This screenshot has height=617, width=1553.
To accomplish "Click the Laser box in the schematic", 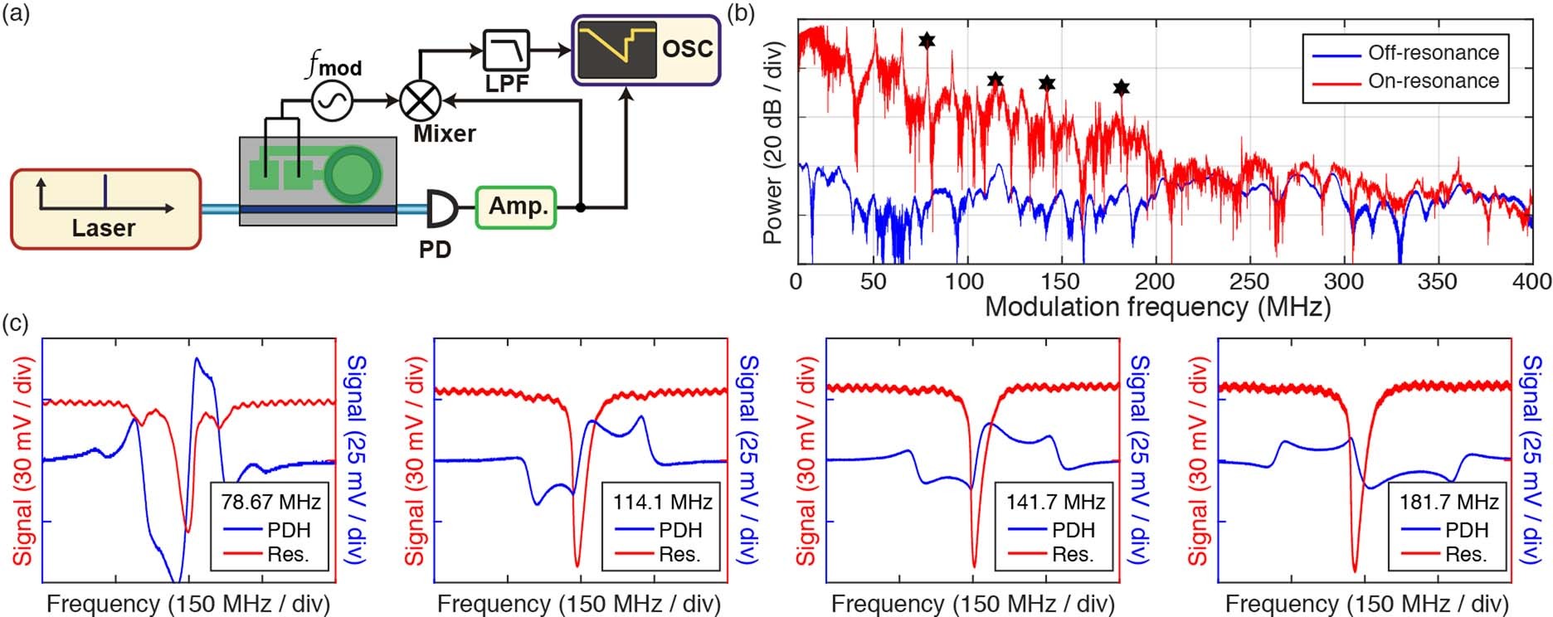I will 105,208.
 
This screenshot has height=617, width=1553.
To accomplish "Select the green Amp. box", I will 515,206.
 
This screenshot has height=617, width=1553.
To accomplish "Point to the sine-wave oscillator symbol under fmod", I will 333,101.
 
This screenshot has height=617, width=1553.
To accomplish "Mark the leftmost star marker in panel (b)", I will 927,40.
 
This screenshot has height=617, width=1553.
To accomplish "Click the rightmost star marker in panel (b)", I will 1121,87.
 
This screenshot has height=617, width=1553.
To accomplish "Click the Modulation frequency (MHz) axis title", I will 1157,307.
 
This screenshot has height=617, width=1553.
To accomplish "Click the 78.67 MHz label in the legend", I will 271,501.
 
